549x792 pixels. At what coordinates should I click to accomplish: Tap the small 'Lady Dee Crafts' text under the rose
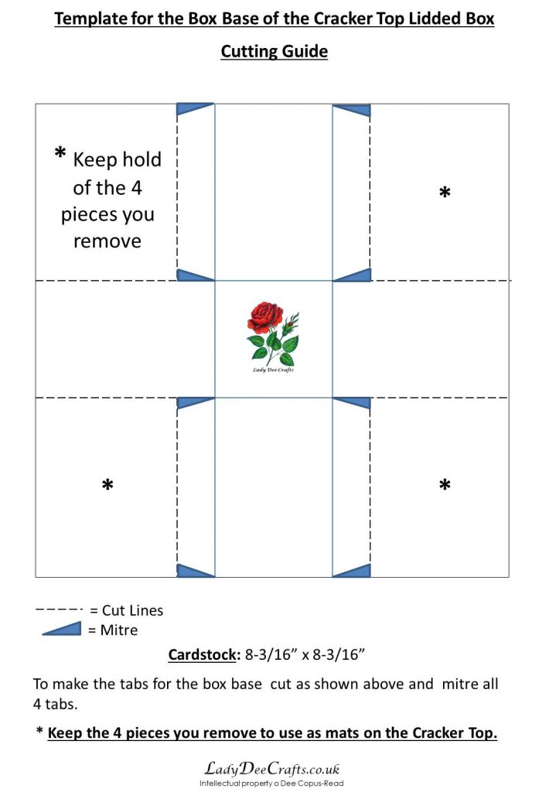tap(273, 370)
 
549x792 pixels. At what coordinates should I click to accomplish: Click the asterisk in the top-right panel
tap(445, 193)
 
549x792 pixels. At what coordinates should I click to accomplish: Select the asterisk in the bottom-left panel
tap(107, 485)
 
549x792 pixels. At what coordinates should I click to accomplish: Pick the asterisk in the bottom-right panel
tap(445, 485)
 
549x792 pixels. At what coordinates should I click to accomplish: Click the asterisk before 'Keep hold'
tap(60, 152)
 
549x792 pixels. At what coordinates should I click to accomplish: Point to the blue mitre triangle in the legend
tap(62, 629)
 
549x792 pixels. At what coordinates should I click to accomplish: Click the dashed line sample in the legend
tap(59, 609)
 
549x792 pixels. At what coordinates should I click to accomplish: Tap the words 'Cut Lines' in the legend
tap(132, 610)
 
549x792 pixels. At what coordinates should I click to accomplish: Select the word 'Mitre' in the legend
tap(118, 630)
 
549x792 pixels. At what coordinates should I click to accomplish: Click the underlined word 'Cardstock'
tap(202, 654)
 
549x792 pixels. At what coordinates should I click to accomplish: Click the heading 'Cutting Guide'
tap(274, 52)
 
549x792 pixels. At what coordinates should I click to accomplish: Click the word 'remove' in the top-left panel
tap(107, 241)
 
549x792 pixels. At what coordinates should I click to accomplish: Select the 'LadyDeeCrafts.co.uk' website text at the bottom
tap(271, 769)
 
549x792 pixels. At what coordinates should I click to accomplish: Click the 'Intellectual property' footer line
tap(271, 783)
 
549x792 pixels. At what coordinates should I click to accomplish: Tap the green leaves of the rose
tap(273, 346)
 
